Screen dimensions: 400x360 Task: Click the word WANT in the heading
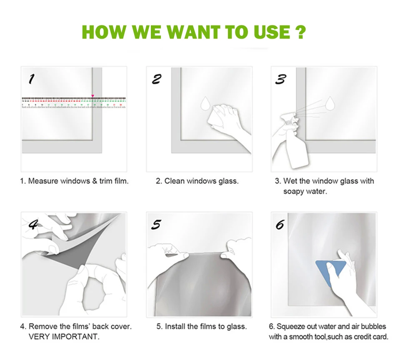(x=193, y=32)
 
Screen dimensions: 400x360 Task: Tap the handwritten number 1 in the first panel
(x=31, y=79)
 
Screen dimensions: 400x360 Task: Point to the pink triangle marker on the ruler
(x=92, y=96)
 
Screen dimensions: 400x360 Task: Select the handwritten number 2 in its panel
(x=157, y=79)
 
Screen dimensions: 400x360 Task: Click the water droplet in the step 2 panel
(x=205, y=103)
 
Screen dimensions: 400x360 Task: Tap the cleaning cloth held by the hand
(x=216, y=118)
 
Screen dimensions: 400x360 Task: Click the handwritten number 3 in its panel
(x=280, y=79)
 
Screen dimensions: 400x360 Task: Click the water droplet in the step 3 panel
(x=330, y=103)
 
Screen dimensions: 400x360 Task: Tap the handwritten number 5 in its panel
(x=156, y=224)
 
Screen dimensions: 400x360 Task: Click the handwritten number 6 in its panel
(x=280, y=225)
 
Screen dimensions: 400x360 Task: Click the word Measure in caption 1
(x=43, y=181)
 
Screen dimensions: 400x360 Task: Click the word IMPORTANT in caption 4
(x=75, y=337)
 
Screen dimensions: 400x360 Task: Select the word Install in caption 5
(x=175, y=326)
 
